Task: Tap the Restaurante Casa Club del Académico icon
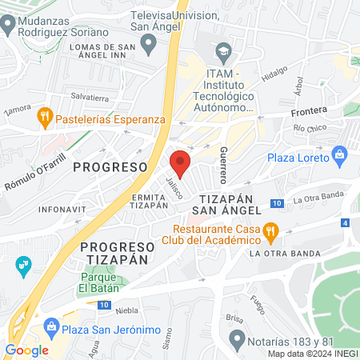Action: tap(272, 233)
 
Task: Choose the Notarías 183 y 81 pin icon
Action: tap(237, 339)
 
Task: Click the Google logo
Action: tap(26, 350)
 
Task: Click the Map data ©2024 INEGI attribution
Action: tap(311, 354)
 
